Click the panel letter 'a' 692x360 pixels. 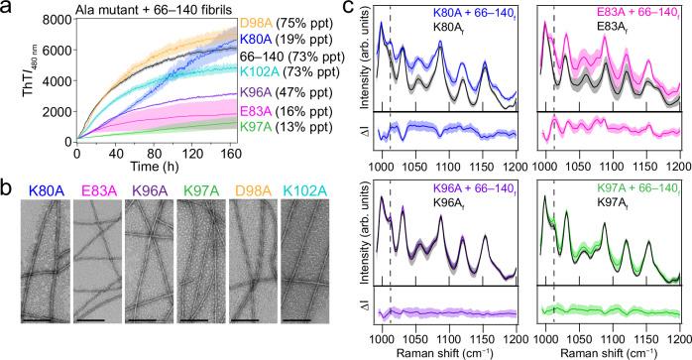(7, 10)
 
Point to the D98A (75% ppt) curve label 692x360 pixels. (290, 21)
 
